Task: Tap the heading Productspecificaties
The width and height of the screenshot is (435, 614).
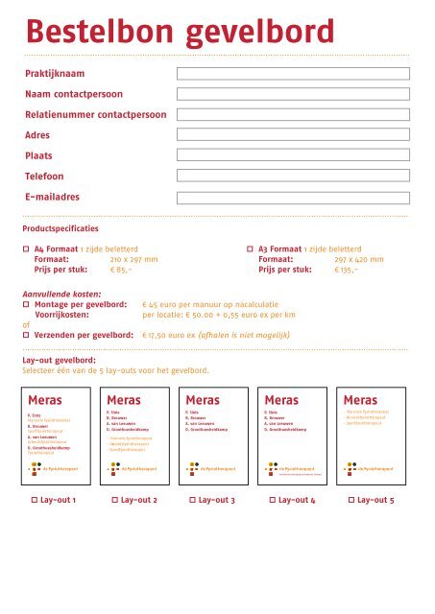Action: point(60,230)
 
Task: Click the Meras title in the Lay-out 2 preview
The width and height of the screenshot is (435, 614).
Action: point(124,399)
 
